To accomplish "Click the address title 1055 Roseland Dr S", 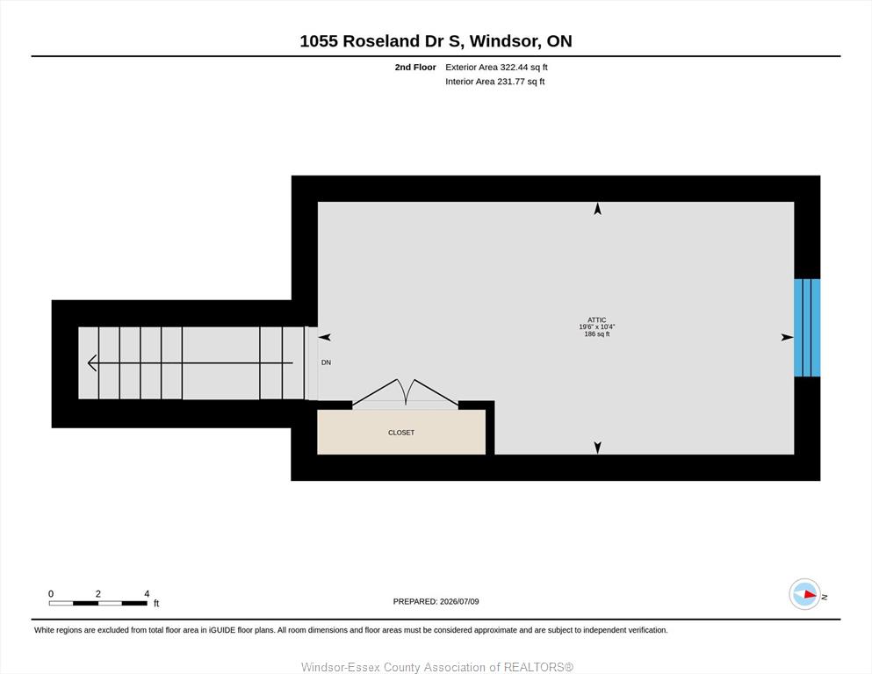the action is (x=381, y=41).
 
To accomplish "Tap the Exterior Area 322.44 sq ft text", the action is (x=497, y=68).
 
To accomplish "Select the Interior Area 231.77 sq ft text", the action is (x=495, y=82).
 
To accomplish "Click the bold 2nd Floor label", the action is (x=415, y=68).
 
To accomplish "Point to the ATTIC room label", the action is (x=597, y=320).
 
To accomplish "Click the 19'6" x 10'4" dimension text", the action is (x=597, y=327).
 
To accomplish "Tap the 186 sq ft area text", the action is (x=597, y=334).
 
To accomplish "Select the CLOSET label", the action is (x=401, y=433).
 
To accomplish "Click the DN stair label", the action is (x=326, y=362).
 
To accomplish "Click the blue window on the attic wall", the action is (x=807, y=328).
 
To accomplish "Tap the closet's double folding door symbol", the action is (x=406, y=392).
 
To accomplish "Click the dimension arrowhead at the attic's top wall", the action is (x=598, y=209).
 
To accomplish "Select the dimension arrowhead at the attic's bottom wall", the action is (x=598, y=448).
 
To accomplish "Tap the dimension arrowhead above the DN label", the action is (x=325, y=337).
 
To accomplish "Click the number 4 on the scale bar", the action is (x=147, y=594).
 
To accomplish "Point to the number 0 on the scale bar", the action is (x=51, y=594).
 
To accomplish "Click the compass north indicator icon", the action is (x=804, y=594).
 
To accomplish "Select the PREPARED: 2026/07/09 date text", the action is (x=436, y=601).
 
